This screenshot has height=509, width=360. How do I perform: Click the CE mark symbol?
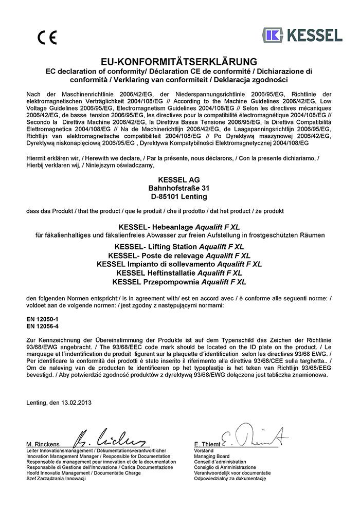click(x=47, y=38)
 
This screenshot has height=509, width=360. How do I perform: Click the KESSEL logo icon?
click(x=273, y=35)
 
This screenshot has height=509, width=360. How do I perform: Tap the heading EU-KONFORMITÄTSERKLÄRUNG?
click(x=179, y=62)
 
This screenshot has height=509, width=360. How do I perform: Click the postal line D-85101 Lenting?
click(x=179, y=196)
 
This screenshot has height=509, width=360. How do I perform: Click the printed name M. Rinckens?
click(x=42, y=444)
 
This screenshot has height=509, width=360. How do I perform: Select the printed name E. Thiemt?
click(x=207, y=444)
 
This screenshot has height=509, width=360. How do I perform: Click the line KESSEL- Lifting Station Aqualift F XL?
click(x=179, y=247)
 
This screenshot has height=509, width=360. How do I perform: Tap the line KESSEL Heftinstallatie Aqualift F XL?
click(x=179, y=273)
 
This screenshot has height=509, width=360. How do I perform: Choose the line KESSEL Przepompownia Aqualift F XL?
click(x=179, y=282)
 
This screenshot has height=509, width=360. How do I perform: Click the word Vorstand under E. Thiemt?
click(x=203, y=450)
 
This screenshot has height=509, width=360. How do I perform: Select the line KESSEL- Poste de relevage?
click(x=179, y=256)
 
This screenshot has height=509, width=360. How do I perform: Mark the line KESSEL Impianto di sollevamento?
click(x=179, y=264)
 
